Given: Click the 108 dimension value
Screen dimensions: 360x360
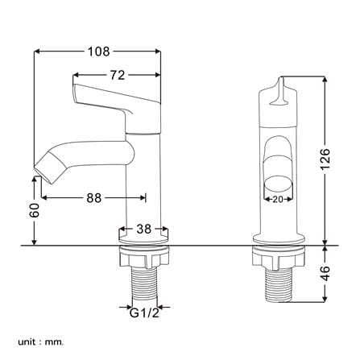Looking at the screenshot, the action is (99, 52).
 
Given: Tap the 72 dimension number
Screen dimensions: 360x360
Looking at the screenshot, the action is (118, 76).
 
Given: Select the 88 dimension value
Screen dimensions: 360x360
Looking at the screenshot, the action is (94, 198).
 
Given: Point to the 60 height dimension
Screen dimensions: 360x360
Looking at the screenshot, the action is (35, 210).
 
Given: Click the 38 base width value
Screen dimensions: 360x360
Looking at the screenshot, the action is (144, 229).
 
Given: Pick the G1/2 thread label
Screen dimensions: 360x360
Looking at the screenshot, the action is (144, 312).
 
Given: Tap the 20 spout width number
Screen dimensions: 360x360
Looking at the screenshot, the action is (278, 199).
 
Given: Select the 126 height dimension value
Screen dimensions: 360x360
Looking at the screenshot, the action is (325, 159).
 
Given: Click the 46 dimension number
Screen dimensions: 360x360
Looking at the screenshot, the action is (325, 274).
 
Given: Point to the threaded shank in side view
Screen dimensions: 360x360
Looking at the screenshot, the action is (145, 284).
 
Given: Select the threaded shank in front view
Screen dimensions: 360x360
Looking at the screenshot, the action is (279, 284).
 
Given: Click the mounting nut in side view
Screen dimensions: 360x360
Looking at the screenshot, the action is (144, 256).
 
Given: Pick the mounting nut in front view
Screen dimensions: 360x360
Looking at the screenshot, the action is (279, 257).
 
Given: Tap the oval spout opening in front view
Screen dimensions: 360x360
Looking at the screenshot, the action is (278, 185).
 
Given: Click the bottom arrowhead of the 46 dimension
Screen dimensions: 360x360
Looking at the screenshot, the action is (325, 299).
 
